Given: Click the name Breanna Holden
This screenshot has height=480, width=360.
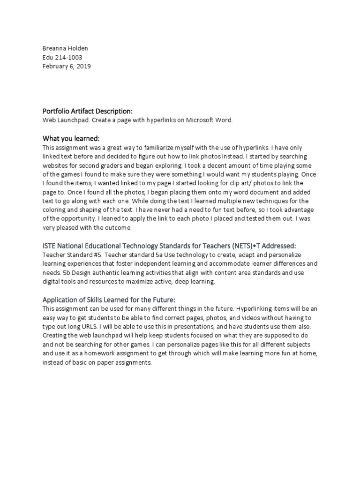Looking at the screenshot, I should click(x=65, y=48).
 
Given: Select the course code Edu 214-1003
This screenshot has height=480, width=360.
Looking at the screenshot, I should click(x=62, y=57).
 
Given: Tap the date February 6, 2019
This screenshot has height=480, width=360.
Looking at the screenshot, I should click(x=67, y=66).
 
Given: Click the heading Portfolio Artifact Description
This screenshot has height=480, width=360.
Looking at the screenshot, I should click(x=88, y=111).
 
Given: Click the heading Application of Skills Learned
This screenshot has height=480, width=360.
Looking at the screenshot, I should click(x=108, y=300).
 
